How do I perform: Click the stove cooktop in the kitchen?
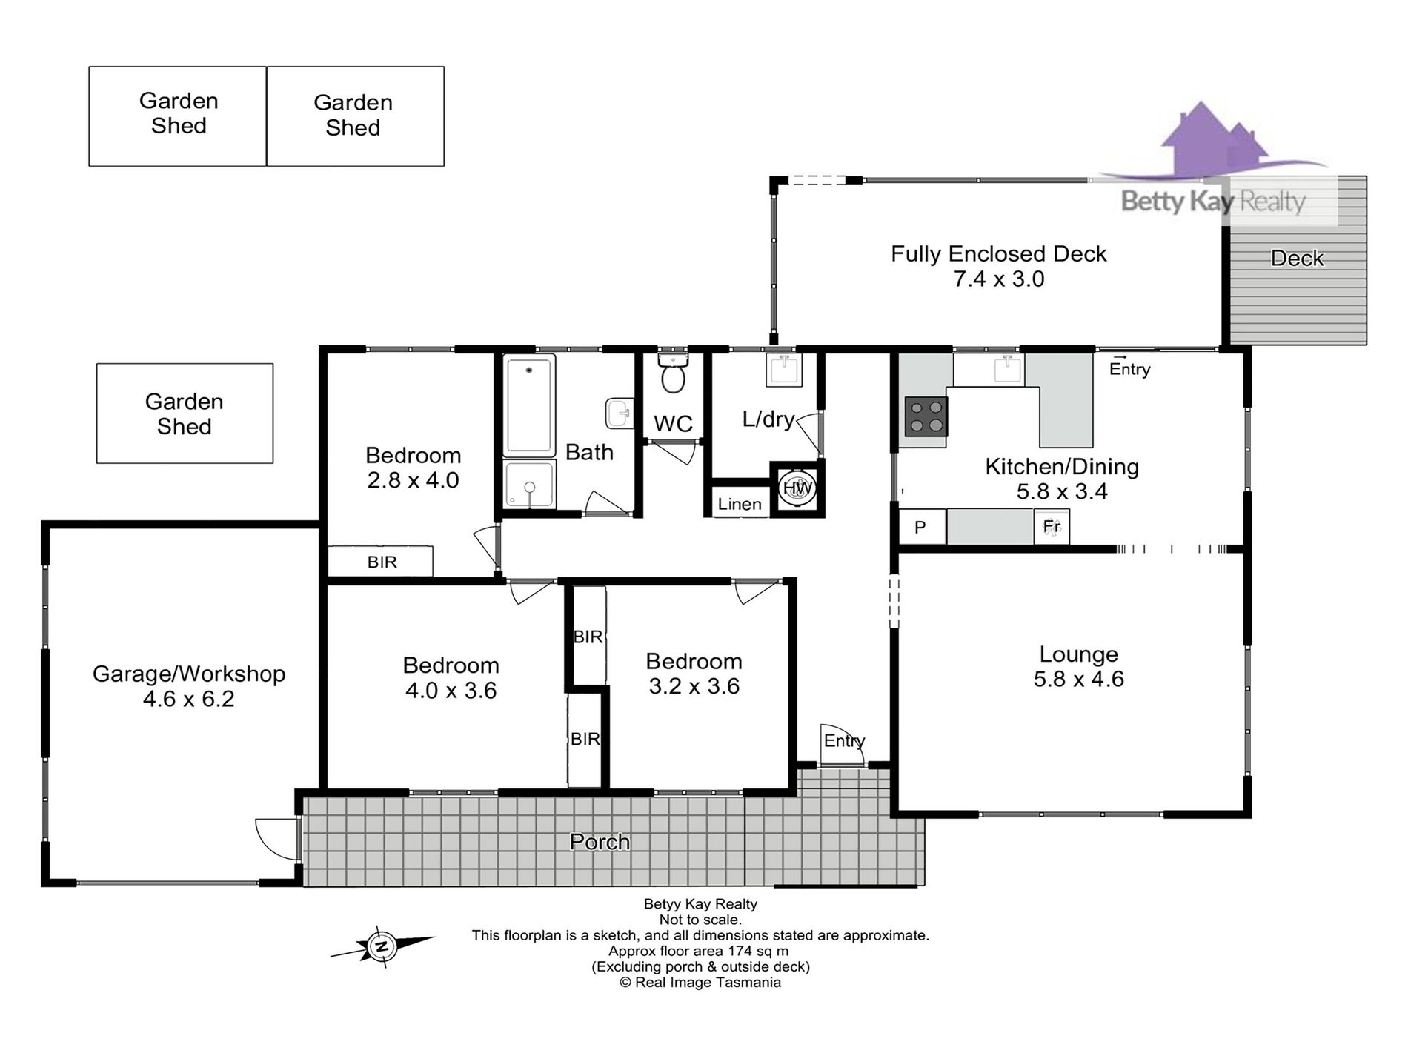pos(926,416)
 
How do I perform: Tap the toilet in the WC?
pos(674,373)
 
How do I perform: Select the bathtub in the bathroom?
pos(529,405)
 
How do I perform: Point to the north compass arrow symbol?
pos(382,946)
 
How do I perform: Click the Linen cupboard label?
pos(740,505)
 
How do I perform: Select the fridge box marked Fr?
pos(1052,527)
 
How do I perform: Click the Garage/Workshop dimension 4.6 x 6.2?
pos(189,699)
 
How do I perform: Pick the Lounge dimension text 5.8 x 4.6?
pos(1079,679)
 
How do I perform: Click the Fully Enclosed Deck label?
pos(999,254)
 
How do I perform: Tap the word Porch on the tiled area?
pos(600,842)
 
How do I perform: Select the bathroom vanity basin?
pos(620,414)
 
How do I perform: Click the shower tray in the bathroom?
pos(529,485)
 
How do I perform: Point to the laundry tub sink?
pos(784,369)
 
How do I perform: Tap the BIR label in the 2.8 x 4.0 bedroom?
pos(382,562)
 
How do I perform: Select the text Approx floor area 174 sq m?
pos(699,951)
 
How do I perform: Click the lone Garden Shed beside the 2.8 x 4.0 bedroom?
pos(185,414)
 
